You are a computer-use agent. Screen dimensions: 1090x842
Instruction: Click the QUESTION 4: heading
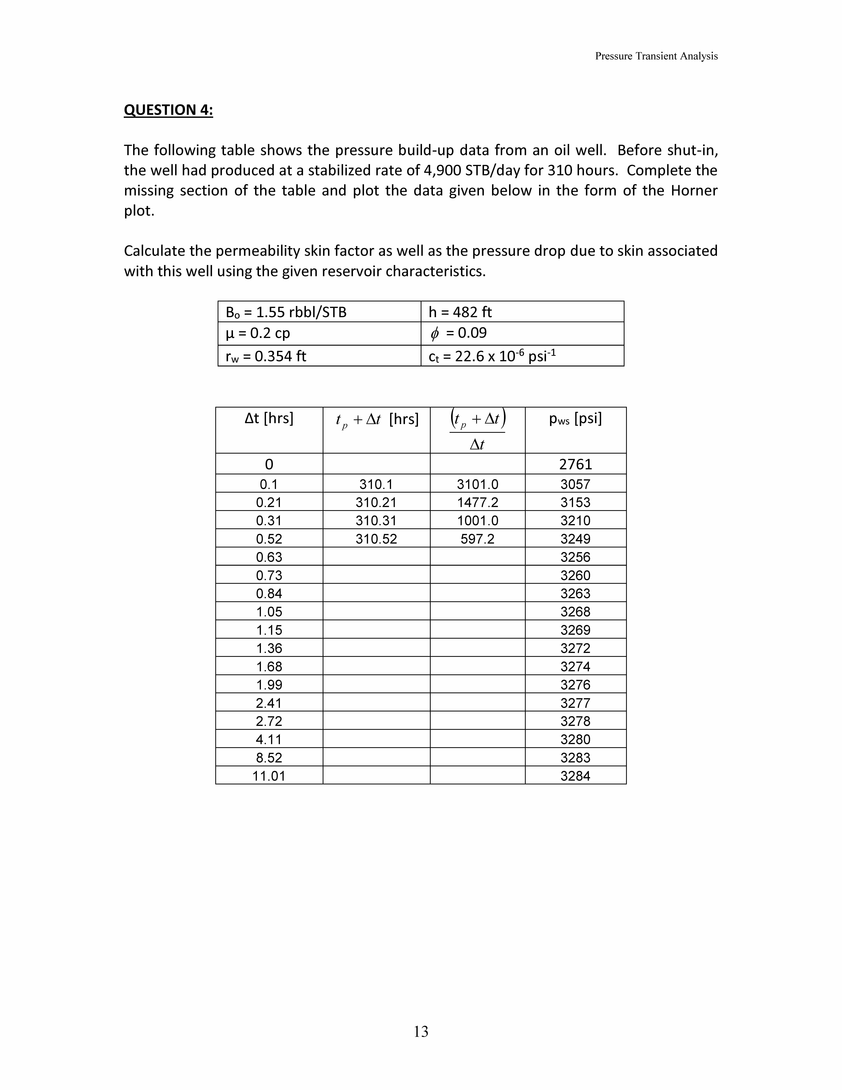pyautogui.click(x=168, y=110)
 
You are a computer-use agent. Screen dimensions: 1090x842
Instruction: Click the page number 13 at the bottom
pyautogui.click(x=421, y=1031)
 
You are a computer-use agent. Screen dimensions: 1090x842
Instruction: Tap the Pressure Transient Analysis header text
pyautogui.click(x=656, y=56)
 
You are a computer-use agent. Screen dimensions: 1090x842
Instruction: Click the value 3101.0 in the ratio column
pyautogui.click(x=477, y=484)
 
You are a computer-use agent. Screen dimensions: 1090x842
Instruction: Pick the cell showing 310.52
pyautogui.click(x=376, y=539)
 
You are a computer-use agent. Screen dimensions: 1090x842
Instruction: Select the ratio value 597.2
pyautogui.click(x=477, y=539)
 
